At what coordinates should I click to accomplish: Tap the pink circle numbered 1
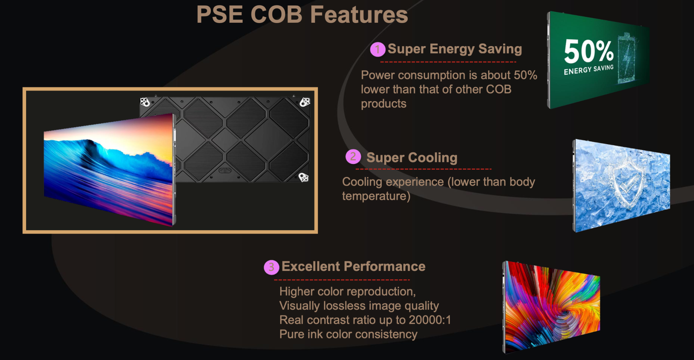tap(377, 49)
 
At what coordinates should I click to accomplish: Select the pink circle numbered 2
tap(353, 157)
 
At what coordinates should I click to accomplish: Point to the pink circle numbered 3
tap(271, 267)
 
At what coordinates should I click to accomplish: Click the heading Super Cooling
tap(412, 157)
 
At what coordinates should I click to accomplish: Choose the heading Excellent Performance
tap(353, 267)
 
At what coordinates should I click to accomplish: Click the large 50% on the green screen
tap(589, 51)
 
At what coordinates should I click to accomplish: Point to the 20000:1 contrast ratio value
tap(430, 320)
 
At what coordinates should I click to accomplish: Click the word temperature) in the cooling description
tap(376, 196)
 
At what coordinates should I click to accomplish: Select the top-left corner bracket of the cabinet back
tap(145, 102)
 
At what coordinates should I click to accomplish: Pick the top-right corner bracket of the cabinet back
tap(305, 102)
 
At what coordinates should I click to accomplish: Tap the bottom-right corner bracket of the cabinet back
tap(303, 177)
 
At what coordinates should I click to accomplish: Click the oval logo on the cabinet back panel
tap(225, 170)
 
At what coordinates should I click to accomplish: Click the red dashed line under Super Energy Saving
tap(448, 62)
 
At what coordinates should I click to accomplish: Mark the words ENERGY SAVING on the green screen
tap(589, 69)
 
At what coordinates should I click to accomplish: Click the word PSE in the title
tap(220, 15)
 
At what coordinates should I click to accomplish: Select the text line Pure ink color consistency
tap(348, 334)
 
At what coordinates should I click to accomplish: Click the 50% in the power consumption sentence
tap(525, 75)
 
